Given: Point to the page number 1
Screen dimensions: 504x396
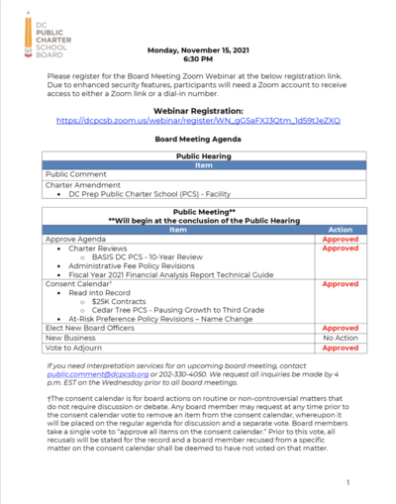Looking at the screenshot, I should tap(348, 482).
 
